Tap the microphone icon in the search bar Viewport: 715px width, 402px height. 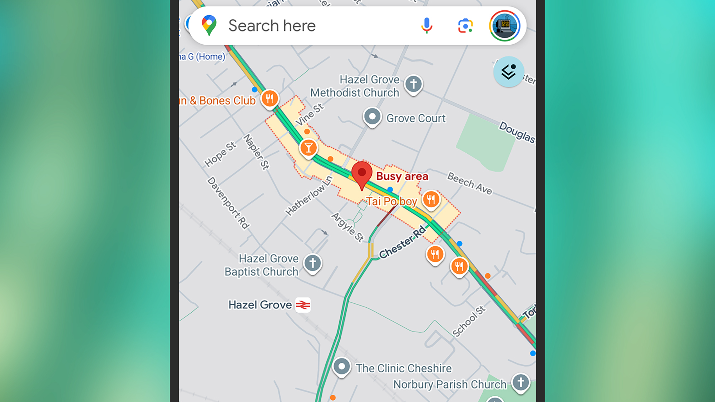click(x=426, y=26)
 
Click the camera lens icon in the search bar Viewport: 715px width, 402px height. click(x=465, y=26)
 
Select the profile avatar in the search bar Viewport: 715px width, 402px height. click(x=504, y=26)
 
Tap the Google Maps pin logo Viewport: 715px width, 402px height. click(x=209, y=25)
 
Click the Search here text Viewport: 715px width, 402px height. click(x=272, y=26)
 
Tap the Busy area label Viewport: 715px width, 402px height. click(x=402, y=176)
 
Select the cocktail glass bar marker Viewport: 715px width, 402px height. click(x=308, y=147)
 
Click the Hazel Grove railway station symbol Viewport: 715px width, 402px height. click(x=303, y=305)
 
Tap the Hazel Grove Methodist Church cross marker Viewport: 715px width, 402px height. click(x=413, y=84)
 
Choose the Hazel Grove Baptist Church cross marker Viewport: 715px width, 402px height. click(x=312, y=263)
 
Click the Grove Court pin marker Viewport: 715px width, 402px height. click(x=372, y=116)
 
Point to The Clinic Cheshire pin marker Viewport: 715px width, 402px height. click(x=342, y=367)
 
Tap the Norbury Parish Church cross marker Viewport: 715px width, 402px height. click(x=521, y=382)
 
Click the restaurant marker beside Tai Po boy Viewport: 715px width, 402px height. click(x=431, y=199)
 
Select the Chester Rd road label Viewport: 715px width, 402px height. click(x=403, y=242)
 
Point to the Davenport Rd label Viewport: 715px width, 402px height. click(x=228, y=203)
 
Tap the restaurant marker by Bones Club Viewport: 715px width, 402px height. click(x=270, y=98)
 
